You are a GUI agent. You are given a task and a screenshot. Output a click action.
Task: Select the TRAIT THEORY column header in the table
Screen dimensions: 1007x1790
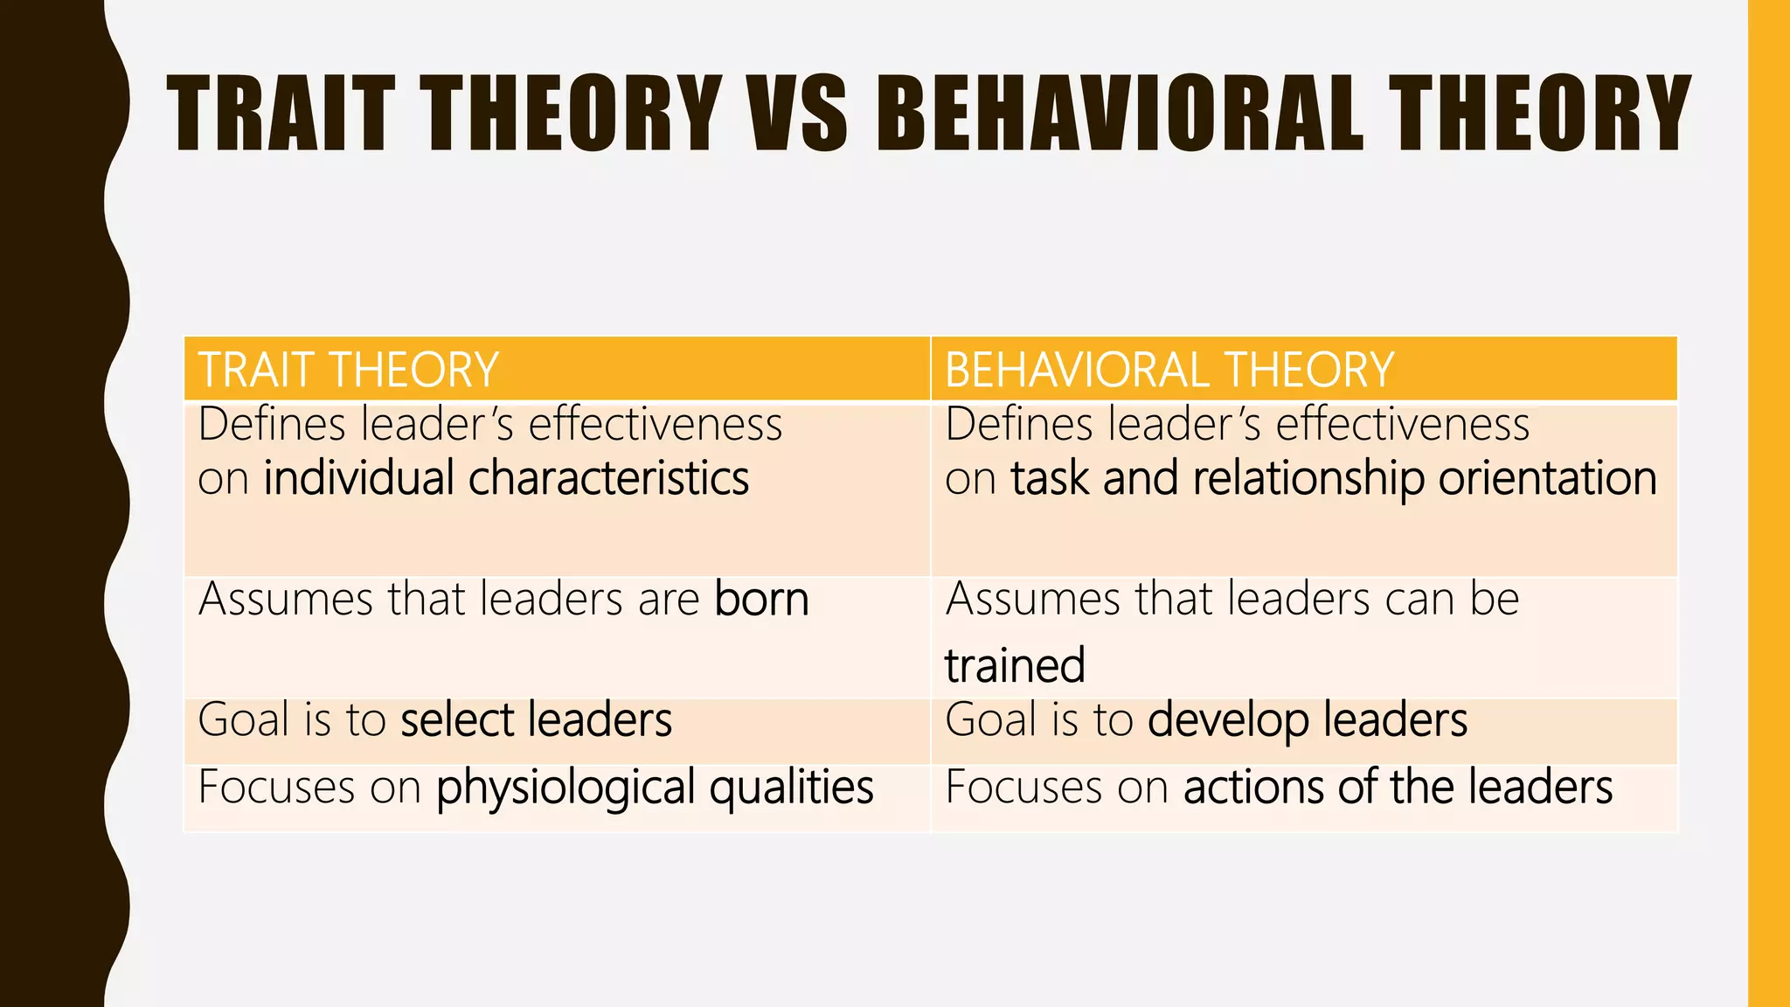tap(348, 370)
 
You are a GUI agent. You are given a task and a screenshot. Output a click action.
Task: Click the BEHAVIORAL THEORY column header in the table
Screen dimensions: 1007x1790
tap(1169, 370)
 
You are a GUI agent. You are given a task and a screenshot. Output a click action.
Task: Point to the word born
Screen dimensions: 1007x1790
tap(761, 600)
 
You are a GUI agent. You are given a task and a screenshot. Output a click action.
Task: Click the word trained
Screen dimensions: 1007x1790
tap(1015, 665)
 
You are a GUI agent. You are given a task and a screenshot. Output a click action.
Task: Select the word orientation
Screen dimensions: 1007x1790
tap(1547, 479)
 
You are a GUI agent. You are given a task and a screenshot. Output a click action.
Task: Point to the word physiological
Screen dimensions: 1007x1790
tap(565, 788)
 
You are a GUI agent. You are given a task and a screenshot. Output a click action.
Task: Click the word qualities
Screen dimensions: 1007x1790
tap(791, 788)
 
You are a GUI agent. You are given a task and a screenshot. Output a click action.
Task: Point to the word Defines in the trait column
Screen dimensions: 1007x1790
tap(272, 425)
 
